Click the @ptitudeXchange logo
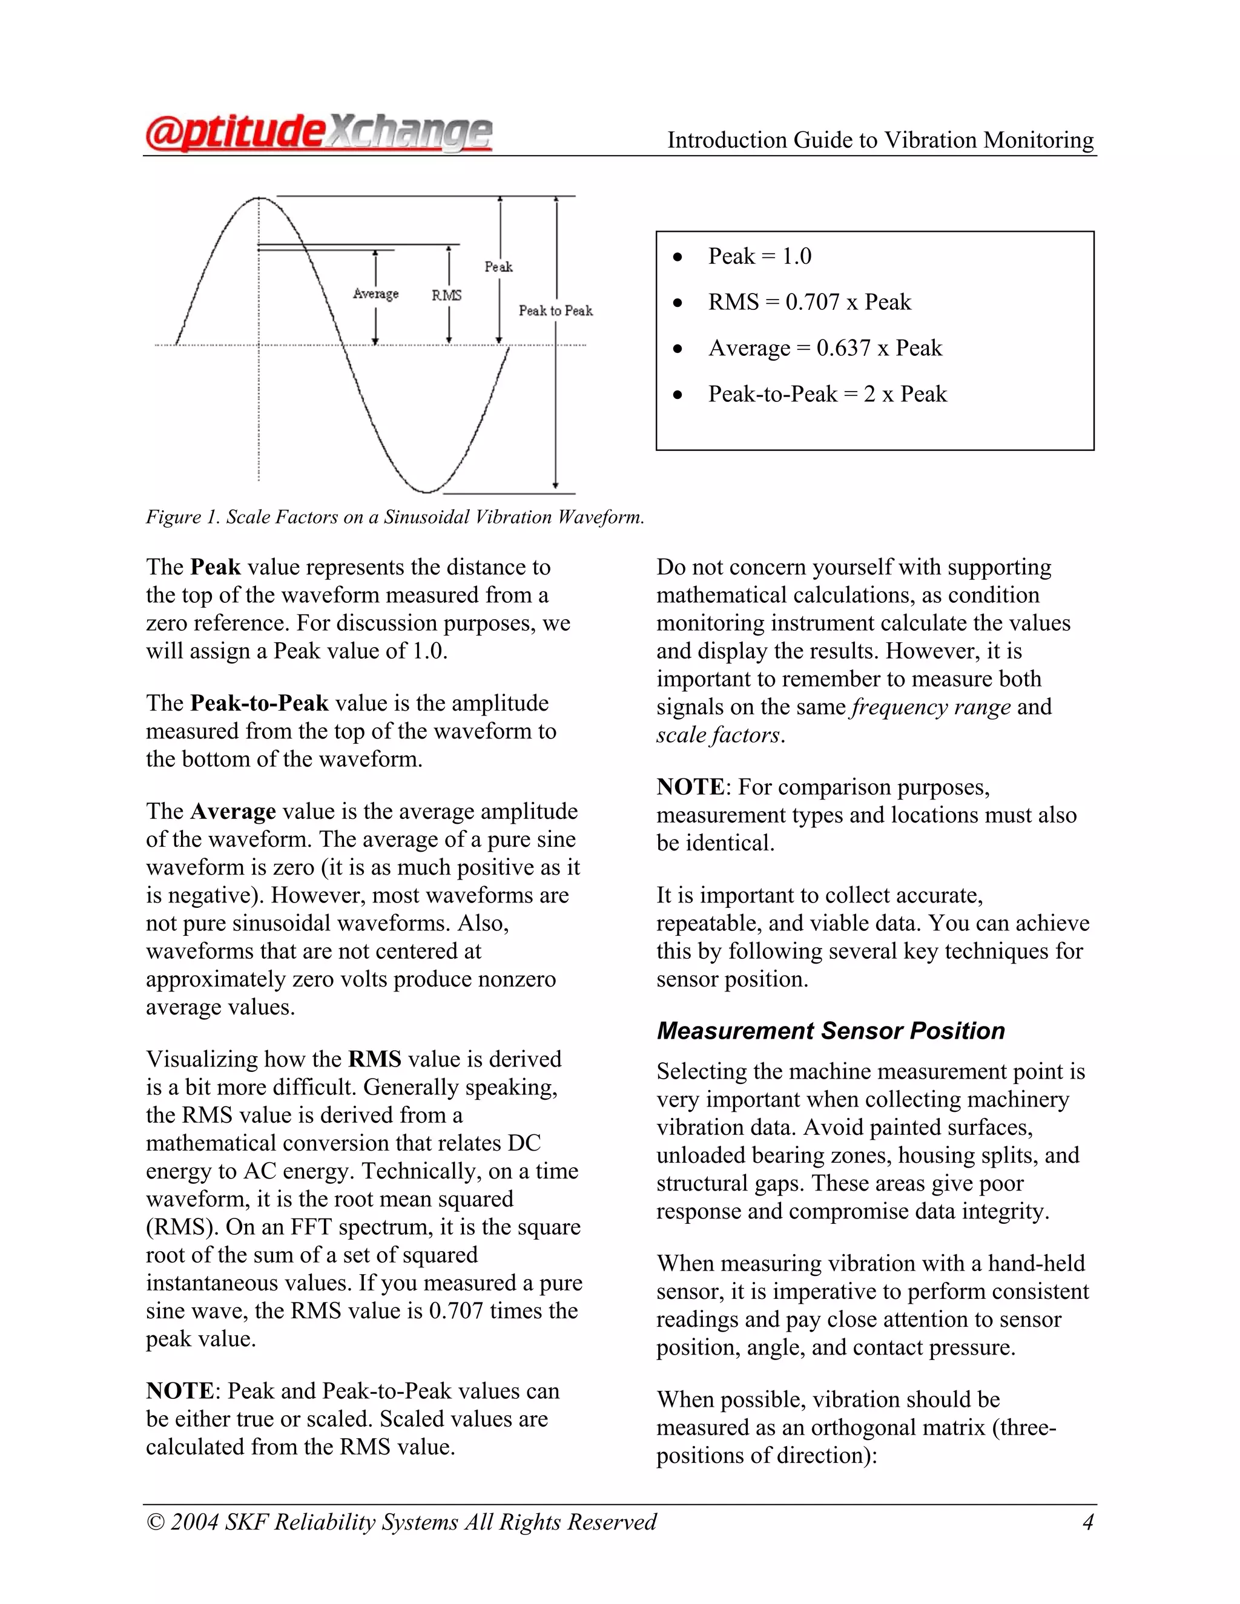318,134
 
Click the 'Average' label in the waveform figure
375,294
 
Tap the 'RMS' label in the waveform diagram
447,295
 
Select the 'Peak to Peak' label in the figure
555,311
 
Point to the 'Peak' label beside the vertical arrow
498,266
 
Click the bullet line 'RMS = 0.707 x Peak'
809,302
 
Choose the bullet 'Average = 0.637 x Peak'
824,348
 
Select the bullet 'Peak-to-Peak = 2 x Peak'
827,395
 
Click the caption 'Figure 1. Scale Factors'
395,517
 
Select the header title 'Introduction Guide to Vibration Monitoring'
880,140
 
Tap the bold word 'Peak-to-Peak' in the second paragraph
259,703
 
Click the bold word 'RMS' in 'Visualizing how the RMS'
375,1059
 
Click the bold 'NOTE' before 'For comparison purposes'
690,787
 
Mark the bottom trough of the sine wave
427,491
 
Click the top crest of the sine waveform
259,199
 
